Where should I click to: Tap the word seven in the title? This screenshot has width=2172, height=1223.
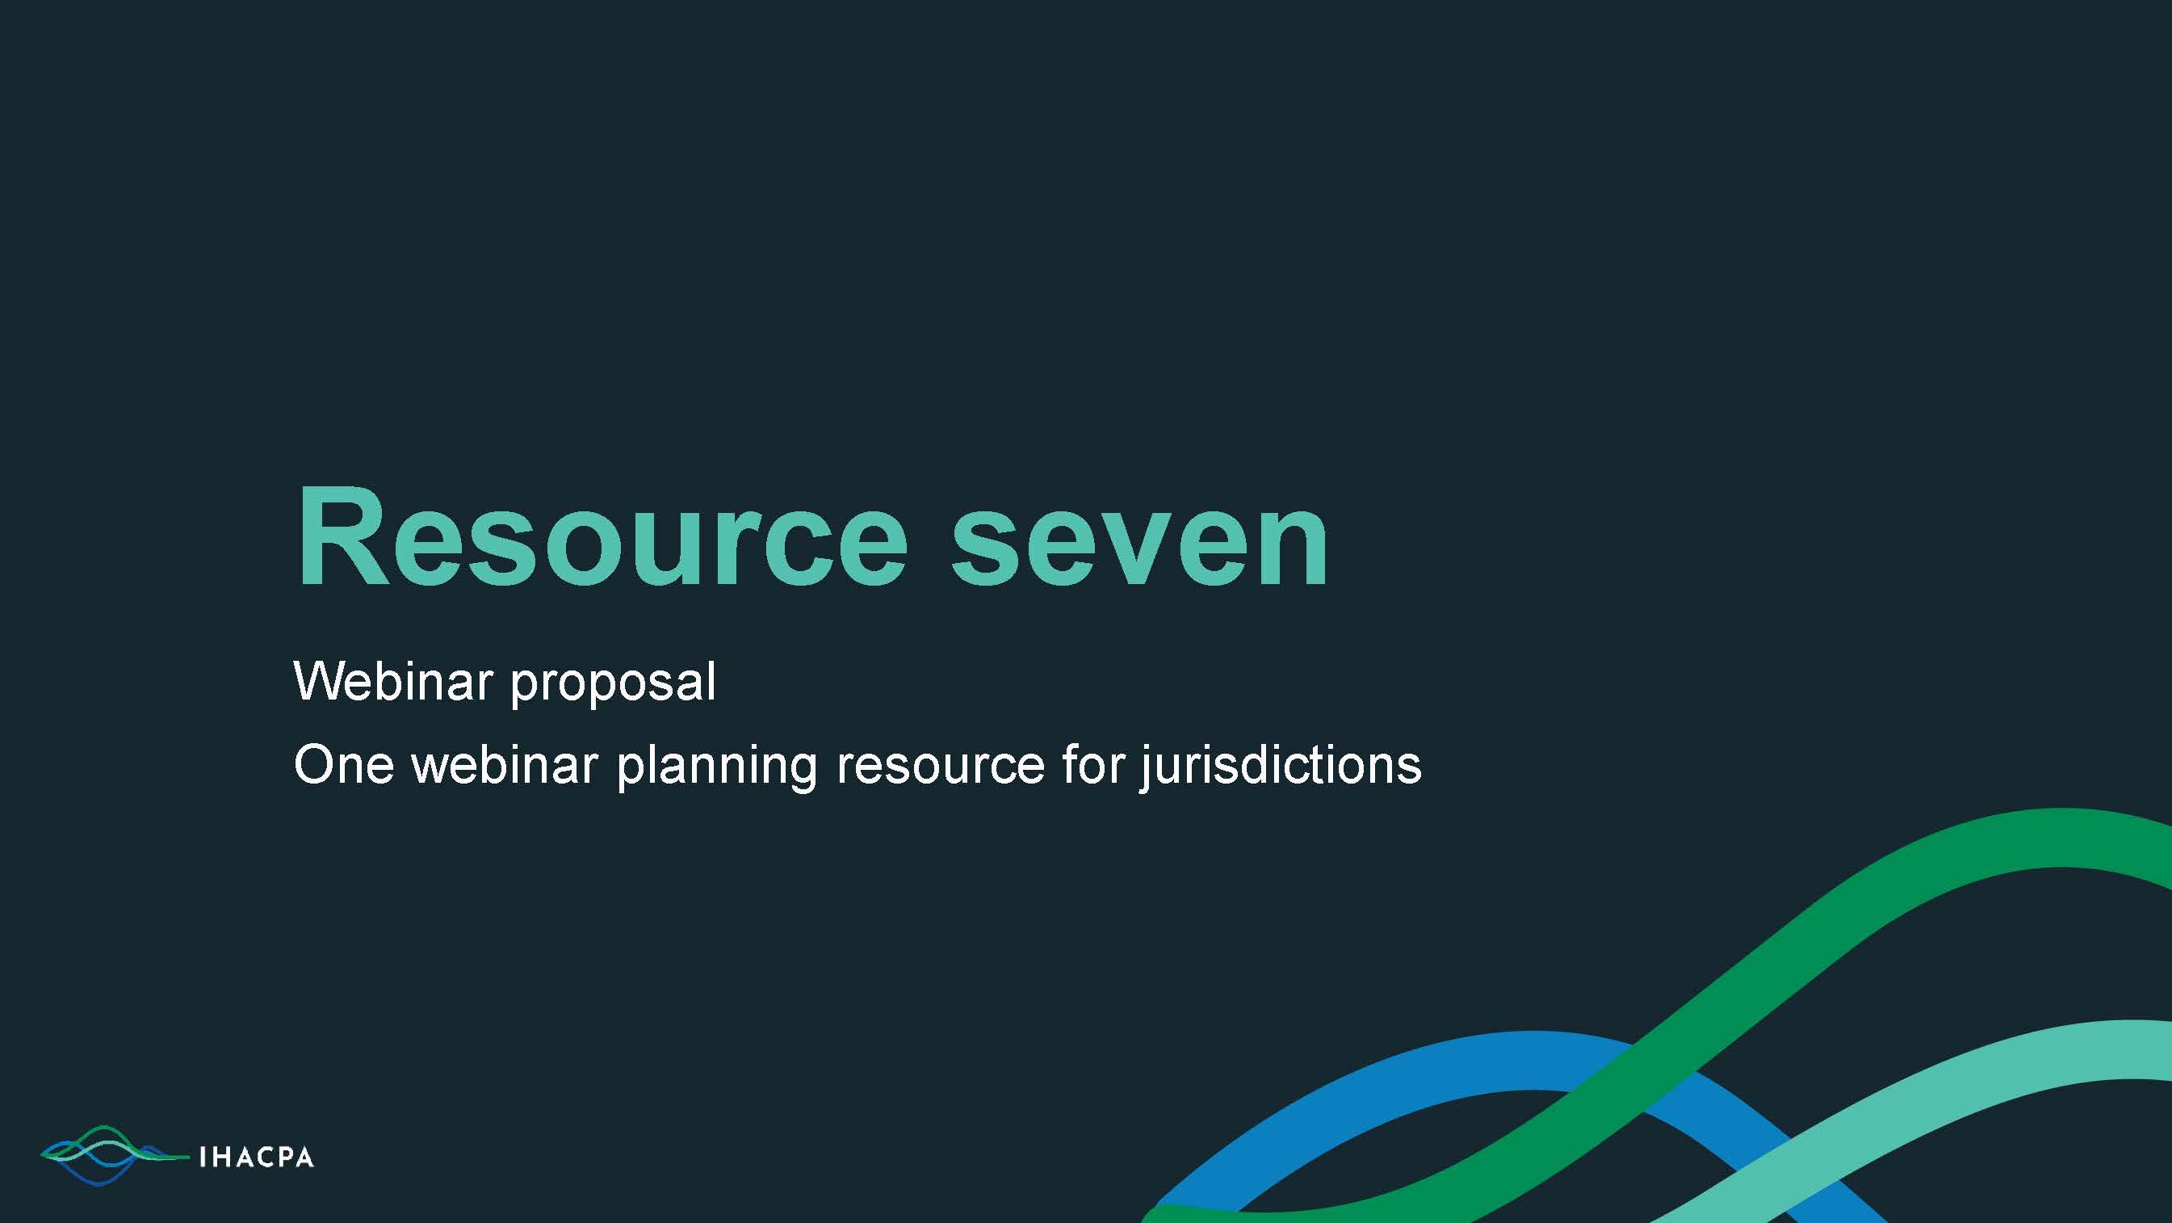(1140, 544)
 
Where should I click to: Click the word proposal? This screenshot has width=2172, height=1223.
(613, 685)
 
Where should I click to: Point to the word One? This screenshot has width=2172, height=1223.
(344, 764)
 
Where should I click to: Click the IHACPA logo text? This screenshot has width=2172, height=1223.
(256, 1158)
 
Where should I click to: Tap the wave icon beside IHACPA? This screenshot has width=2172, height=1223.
(115, 1155)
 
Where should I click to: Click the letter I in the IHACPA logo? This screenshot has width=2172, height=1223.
(202, 1158)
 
